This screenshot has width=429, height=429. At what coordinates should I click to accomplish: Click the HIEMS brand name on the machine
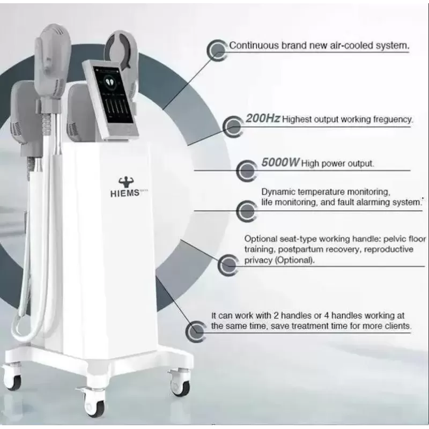click(x=125, y=193)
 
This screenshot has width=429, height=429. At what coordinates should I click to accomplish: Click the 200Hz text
click(x=263, y=119)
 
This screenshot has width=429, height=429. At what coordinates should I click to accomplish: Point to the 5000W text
click(x=280, y=162)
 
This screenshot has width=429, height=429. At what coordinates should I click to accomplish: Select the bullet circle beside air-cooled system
click(x=218, y=50)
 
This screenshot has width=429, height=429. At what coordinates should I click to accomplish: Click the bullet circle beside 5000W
click(x=247, y=171)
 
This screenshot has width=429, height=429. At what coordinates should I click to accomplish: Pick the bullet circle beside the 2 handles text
click(x=196, y=331)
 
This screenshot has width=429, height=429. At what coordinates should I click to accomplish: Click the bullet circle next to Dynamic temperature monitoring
click(x=247, y=211)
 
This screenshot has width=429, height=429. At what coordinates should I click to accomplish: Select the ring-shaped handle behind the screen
click(x=121, y=47)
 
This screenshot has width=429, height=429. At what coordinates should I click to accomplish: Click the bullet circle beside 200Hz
click(x=233, y=127)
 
